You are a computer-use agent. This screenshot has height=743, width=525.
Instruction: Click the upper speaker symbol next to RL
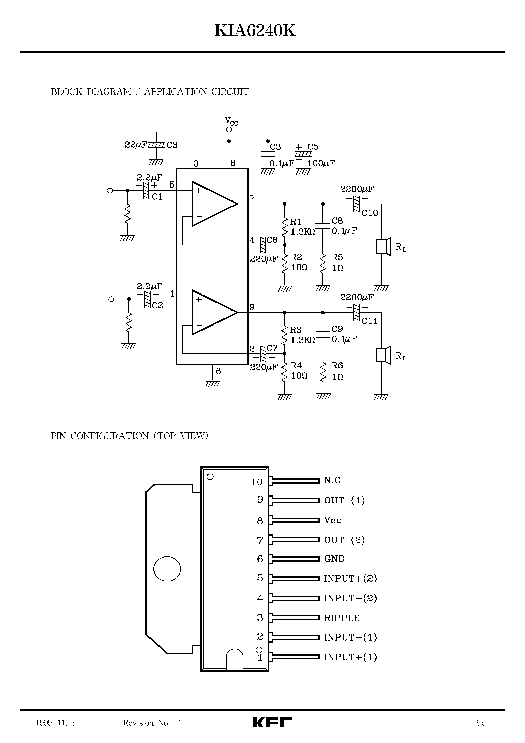point(383,247)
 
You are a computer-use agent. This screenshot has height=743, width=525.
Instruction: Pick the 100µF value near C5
point(321,163)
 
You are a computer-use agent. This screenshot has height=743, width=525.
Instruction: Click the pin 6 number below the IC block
point(218,371)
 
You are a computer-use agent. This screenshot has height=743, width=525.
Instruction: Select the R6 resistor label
point(337,366)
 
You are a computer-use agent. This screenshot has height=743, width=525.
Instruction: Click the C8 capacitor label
point(337,221)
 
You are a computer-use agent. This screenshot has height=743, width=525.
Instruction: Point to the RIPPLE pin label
point(342,618)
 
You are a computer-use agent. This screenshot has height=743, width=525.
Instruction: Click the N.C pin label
point(332,480)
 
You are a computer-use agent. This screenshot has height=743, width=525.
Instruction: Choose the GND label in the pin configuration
point(334,559)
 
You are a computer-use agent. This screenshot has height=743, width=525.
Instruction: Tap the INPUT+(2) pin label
point(350,579)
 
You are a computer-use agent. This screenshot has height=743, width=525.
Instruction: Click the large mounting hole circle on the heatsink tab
point(167,569)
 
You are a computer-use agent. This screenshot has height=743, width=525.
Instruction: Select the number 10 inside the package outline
point(257,482)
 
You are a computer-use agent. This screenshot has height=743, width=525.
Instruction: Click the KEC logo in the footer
point(272,722)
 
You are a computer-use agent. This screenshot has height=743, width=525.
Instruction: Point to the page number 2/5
point(480,723)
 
